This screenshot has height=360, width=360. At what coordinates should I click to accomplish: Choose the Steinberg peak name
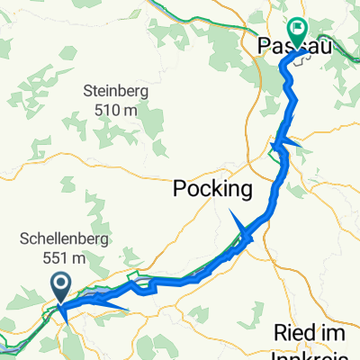click(114, 91)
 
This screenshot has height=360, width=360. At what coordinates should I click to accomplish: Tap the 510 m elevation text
click(114, 109)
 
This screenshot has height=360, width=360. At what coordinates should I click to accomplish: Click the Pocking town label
click(211, 190)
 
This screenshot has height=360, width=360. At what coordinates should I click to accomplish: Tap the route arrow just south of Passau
click(286, 144)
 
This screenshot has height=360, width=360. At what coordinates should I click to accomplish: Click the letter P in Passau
click(265, 44)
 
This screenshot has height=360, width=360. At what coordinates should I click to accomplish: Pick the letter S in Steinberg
click(88, 91)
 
